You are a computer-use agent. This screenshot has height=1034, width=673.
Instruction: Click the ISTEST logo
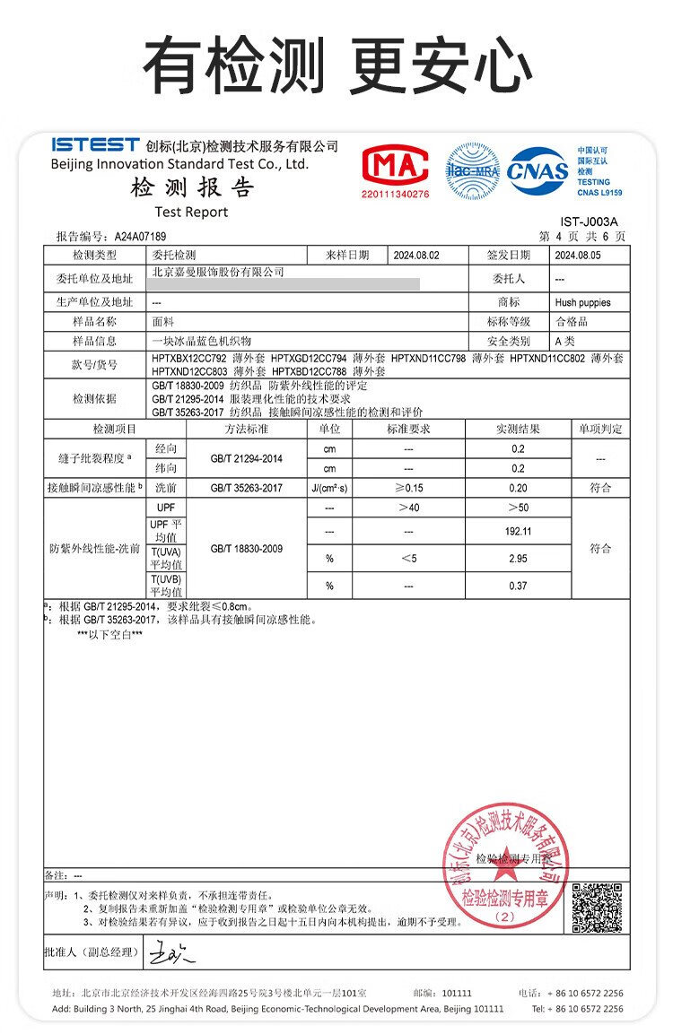click(x=95, y=144)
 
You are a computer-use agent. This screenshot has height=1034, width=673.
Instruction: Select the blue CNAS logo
click(x=538, y=169)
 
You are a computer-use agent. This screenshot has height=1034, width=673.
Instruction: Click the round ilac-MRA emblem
click(x=473, y=169)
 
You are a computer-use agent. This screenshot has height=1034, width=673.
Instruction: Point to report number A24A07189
click(x=140, y=237)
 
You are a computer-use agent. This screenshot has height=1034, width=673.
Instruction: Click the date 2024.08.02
click(x=416, y=256)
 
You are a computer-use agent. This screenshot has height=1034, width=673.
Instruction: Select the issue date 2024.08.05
click(x=578, y=256)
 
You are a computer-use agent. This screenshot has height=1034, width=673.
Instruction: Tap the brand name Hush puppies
click(x=582, y=303)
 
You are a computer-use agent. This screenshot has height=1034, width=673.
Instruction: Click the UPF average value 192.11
click(x=519, y=531)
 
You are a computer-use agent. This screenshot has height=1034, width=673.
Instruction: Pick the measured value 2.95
click(x=519, y=559)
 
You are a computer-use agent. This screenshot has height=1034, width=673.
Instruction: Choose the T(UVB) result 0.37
click(x=519, y=587)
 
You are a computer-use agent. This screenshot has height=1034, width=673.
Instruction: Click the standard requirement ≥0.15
click(x=408, y=488)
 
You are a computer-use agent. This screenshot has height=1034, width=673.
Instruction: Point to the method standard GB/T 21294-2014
click(x=247, y=459)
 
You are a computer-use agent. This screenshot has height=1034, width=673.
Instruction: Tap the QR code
click(x=597, y=908)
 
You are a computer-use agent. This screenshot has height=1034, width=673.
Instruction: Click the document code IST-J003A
click(x=589, y=222)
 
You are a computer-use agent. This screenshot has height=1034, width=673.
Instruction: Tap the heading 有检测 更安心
click(x=336, y=65)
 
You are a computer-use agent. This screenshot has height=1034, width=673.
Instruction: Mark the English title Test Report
click(x=191, y=213)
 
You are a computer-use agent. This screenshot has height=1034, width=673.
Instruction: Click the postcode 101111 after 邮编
click(x=457, y=994)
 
